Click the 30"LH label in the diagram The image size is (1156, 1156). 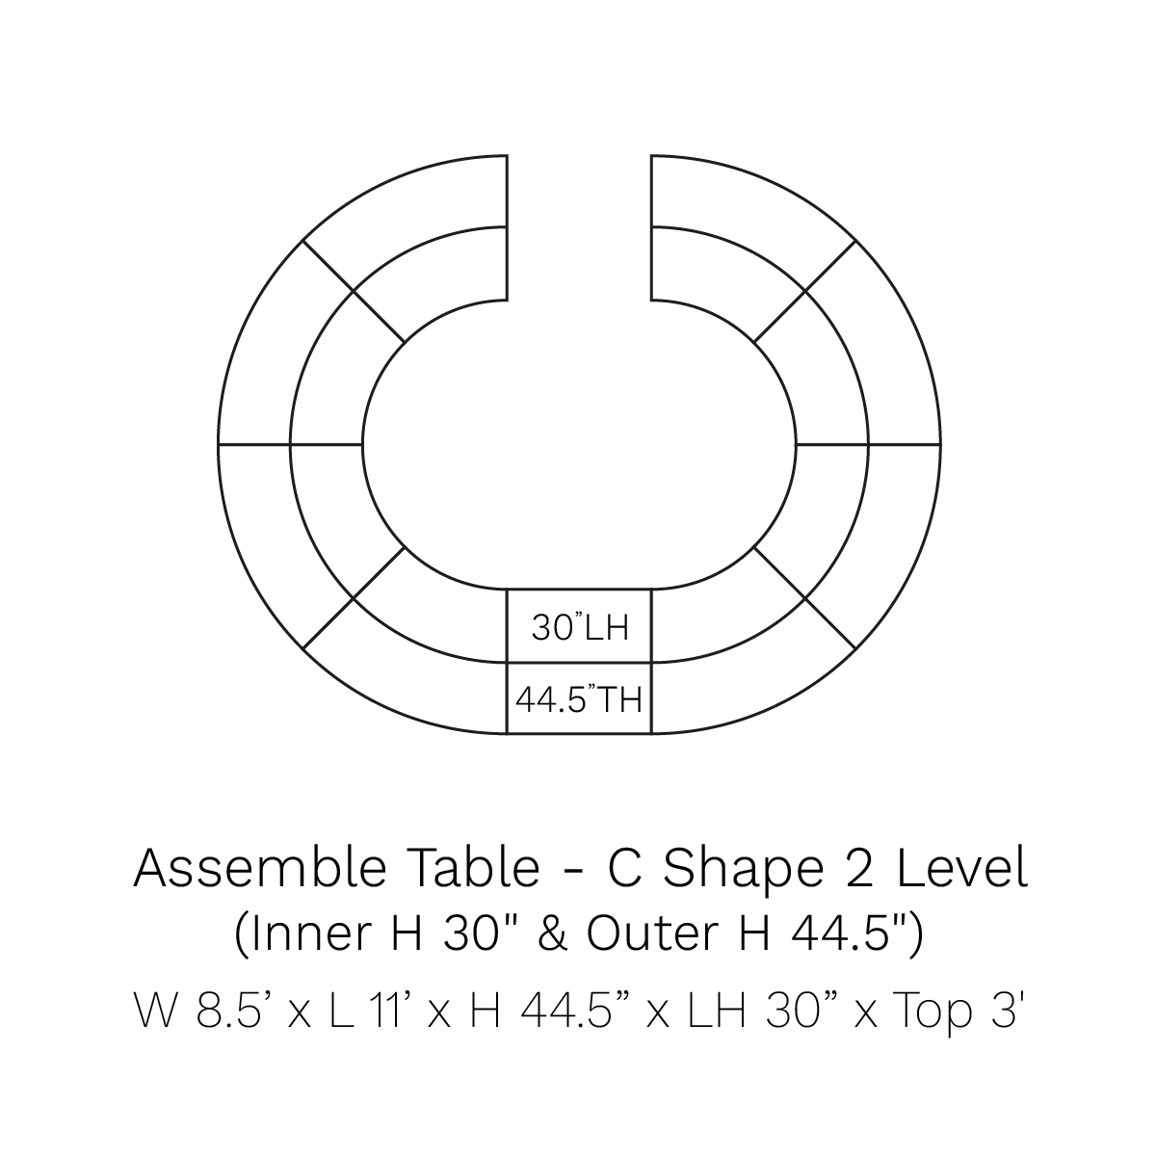(x=580, y=628)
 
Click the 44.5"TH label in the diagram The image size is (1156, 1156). (x=579, y=699)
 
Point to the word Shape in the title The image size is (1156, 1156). (x=742, y=873)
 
